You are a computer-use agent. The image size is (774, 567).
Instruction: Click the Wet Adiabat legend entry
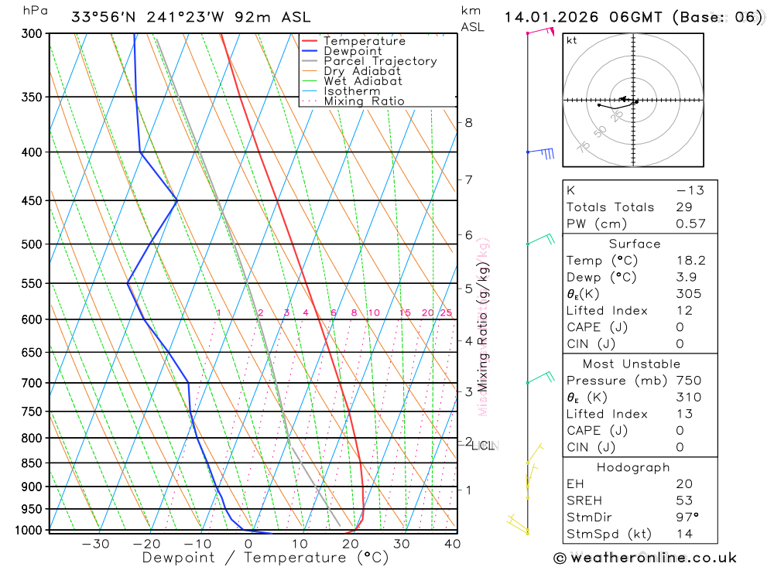click(x=362, y=81)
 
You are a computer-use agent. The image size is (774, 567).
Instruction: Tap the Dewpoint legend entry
click(x=352, y=51)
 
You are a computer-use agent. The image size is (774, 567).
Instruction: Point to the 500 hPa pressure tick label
click(x=32, y=244)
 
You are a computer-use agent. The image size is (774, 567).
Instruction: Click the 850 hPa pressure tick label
click(x=32, y=463)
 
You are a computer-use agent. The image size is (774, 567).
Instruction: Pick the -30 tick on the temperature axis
click(x=96, y=544)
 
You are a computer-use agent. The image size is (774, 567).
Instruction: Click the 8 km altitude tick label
click(x=468, y=122)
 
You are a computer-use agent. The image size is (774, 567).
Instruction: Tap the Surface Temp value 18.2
click(x=690, y=261)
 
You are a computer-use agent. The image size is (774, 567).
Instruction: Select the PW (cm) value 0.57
click(x=690, y=224)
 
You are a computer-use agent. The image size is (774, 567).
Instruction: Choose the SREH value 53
click(x=684, y=500)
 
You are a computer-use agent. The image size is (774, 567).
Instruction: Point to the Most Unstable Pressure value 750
click(x=687, y=381)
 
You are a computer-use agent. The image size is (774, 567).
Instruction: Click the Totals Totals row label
click(x=610, y=207)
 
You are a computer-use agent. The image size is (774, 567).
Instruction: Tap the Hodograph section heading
click(x=633, y=467)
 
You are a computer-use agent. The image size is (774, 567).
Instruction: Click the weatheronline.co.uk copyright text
click(x=646, y=558)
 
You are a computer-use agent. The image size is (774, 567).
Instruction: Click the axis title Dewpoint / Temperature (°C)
click(x=265, y=557)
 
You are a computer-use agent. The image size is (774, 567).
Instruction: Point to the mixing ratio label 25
click(x=446, y=313)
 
